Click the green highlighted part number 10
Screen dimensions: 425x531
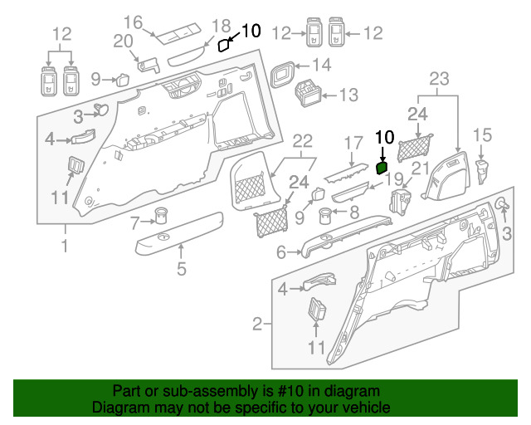click(x=382, y=167)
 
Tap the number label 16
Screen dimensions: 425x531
click(x=134, y=22)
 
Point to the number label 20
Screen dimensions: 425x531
click(x=123, y=42)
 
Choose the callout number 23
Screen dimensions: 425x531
click(x=439, y=80)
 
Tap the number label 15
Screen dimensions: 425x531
click(x=482, y=134)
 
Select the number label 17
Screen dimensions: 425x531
click(x=354, y=142)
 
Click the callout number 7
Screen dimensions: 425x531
click(x=136, y=221)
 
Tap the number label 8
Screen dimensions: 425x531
click(x=354, y=212)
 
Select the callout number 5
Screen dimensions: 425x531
click(x=182, y=267)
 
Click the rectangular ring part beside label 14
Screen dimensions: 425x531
click(x=284, y=74)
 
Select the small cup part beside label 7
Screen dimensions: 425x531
click(x=159, y=218)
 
